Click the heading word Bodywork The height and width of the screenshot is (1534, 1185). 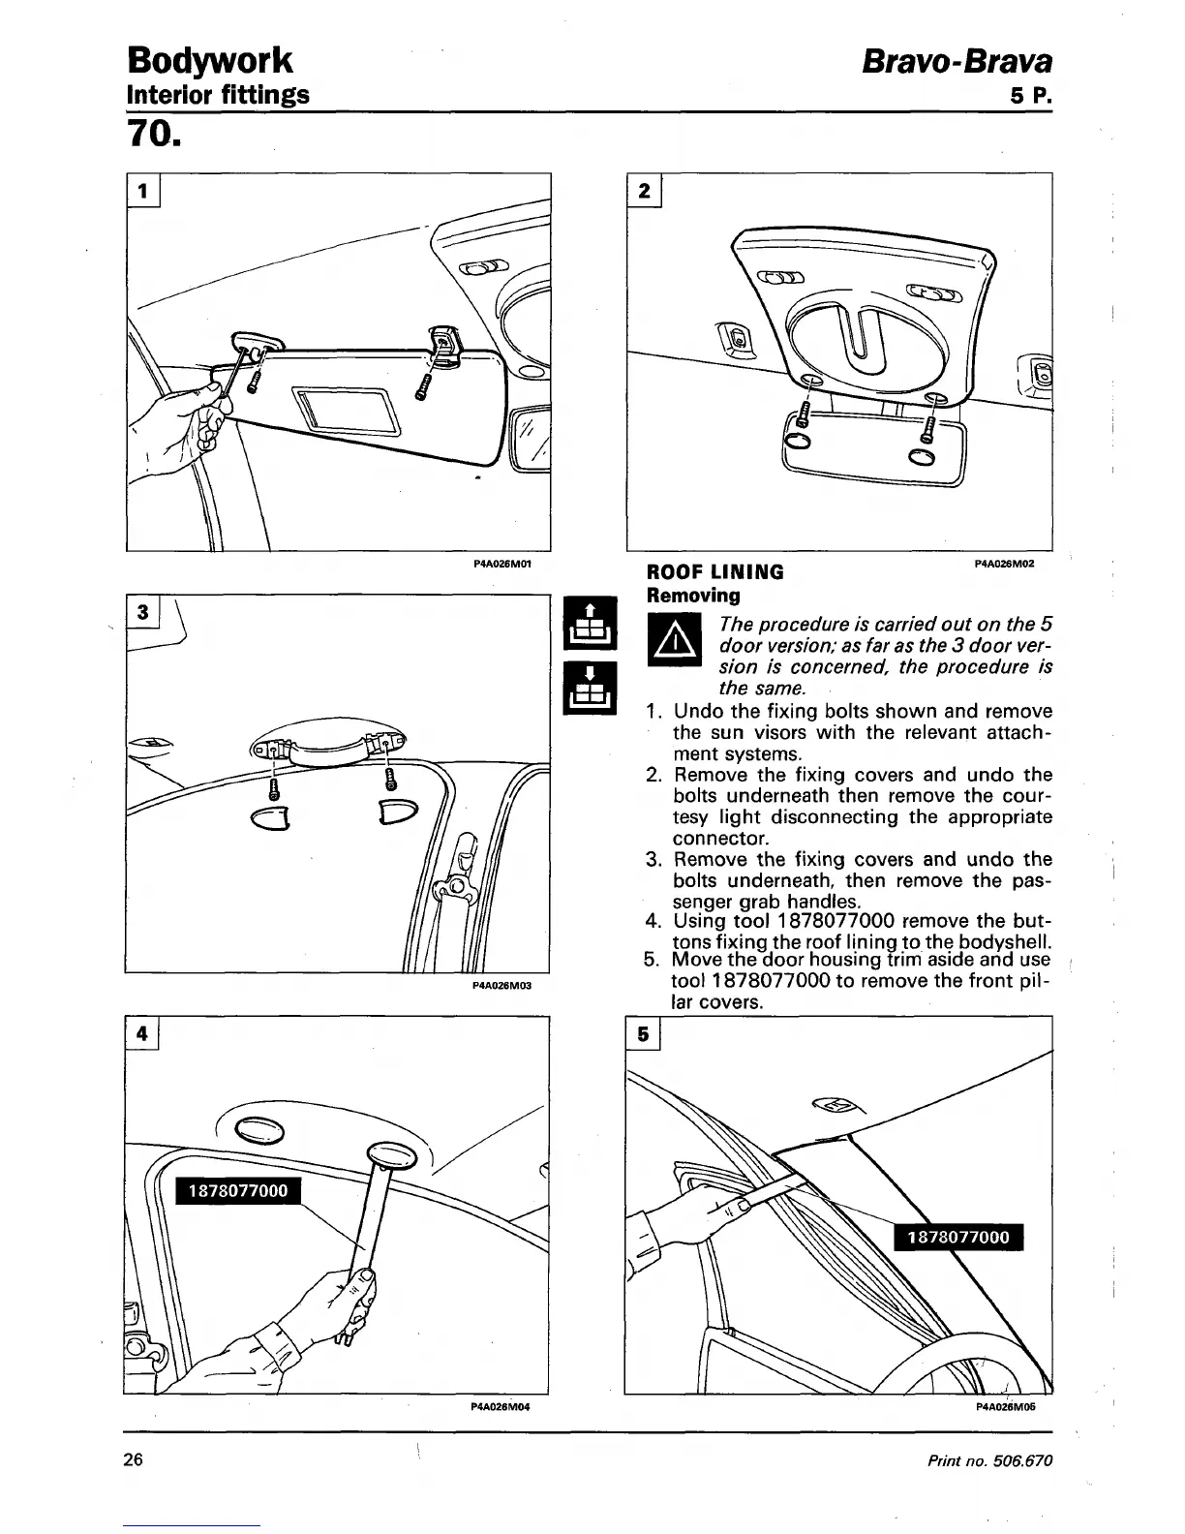point(209,60)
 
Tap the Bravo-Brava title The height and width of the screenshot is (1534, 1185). point(957,62)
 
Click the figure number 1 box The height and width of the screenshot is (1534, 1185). point(143,191)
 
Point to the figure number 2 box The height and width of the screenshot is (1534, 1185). point(644,191)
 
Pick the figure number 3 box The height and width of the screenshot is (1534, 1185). point(143,612)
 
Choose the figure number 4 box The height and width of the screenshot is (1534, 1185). point(142,1033)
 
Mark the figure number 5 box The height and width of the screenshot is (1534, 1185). point(644,1034)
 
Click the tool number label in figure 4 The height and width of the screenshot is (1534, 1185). point(238,1190)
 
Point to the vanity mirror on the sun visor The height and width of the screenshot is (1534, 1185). point(349,409)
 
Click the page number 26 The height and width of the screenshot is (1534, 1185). point(134,1459)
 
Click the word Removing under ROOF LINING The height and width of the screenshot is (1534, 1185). point(693,595)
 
